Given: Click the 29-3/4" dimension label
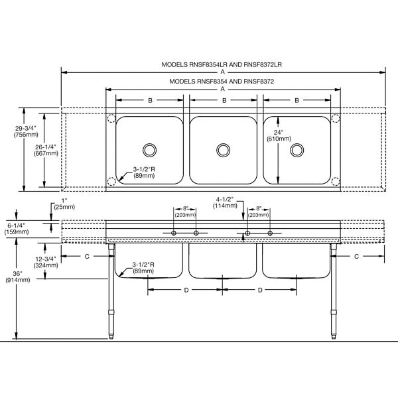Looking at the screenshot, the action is coord(26,131).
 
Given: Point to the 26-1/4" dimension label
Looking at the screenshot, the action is coord(46,151).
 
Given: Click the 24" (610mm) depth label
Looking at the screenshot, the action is coord(279,135).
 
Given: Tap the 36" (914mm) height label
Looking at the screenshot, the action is coord(18,277).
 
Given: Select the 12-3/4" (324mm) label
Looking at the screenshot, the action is coord(46,262).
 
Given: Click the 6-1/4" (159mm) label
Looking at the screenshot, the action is coord(17,228).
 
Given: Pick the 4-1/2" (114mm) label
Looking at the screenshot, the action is coord(225,202).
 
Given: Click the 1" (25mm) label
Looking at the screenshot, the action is coord(64,204).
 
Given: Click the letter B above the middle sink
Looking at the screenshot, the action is coord(224,101).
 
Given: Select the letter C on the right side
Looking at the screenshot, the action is coord(356,257).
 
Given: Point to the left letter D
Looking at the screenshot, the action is coord(186,290).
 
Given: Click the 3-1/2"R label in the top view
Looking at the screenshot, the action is coord(144,172).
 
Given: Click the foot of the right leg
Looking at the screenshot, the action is coord(334,336).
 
